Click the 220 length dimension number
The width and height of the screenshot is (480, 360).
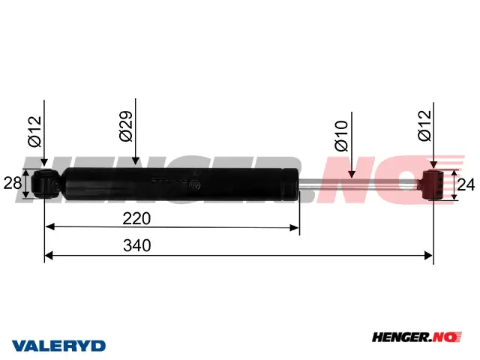point(136,218)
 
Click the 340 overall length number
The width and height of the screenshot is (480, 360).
point(136,245)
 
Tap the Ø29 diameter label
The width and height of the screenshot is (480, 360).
point(126,126)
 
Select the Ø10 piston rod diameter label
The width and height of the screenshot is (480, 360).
point(342,136)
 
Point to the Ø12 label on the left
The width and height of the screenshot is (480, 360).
point(34,132)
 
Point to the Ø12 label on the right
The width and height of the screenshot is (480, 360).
point(424,125)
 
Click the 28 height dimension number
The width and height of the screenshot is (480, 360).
point(12,183)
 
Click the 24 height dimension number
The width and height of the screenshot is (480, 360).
point(466,185)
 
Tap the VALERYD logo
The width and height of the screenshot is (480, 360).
point(58,346)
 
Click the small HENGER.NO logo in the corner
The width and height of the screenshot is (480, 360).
point(417,337)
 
